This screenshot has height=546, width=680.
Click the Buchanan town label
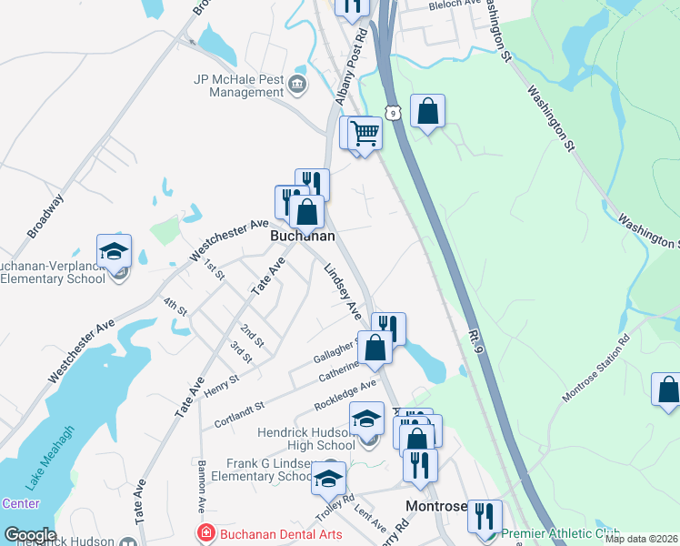pos(302,236)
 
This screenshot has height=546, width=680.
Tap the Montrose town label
pos(436,507)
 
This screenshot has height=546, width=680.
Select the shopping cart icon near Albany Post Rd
pos(365,133)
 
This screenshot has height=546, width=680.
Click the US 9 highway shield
pos(392,111)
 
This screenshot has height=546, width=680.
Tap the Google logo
pos(29,535)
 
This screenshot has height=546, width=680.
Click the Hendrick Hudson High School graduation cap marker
pos(366,419)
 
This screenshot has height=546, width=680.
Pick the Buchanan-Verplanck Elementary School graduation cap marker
pos(115,250)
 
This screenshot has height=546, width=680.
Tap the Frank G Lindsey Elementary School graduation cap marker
pos(328,477)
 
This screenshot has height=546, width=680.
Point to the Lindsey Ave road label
pos(343,291)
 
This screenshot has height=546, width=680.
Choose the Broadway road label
pos(45,216)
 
